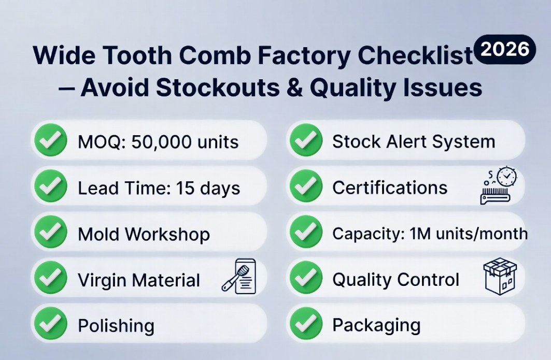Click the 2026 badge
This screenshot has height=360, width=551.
[505, 49]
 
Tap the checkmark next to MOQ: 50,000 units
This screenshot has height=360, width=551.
[50, 140]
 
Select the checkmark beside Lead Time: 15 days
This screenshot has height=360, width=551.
[50, 187]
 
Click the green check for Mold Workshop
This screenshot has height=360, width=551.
[50, 233]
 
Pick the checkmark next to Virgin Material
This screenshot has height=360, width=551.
[50, 279]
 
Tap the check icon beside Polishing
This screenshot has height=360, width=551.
[50, 325]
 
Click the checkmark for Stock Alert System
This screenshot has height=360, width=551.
[306, 140]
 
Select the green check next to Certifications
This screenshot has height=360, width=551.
[306, 187]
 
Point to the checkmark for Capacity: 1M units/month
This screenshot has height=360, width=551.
[306, 233]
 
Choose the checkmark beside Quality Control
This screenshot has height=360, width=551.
[306, 279]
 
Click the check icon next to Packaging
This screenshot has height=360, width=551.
[306, 325]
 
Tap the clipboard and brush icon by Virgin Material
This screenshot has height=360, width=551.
[239, 277]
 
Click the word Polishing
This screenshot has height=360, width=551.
[116, 326]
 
